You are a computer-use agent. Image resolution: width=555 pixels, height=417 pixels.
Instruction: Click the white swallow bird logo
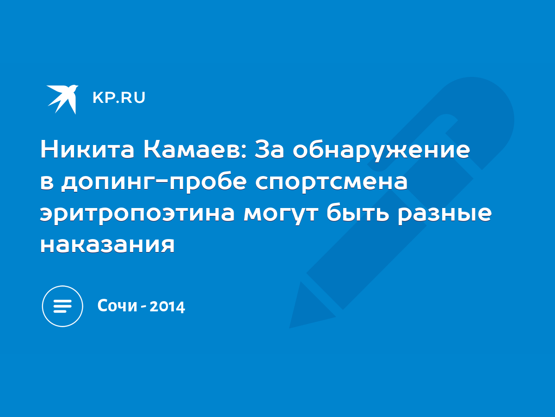click(62, 99)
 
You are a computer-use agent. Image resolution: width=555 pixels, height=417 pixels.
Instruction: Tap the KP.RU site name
click(119, 97)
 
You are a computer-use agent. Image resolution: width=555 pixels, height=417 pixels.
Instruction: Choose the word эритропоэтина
click(137, 214)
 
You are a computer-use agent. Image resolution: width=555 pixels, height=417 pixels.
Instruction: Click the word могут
click(281, 214)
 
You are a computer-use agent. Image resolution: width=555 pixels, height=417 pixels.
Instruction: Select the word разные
click(445, 214)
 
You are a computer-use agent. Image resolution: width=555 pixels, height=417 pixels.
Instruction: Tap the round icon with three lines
click(62, 306)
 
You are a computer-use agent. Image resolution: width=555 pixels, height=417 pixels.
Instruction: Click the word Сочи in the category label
click(117, 306)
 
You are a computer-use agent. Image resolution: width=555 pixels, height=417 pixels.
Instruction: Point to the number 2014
click(167, 307)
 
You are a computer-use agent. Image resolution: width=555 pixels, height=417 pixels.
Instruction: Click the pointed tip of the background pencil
click(290, 328)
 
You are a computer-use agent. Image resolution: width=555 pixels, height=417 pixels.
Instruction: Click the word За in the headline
click(269, 150)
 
